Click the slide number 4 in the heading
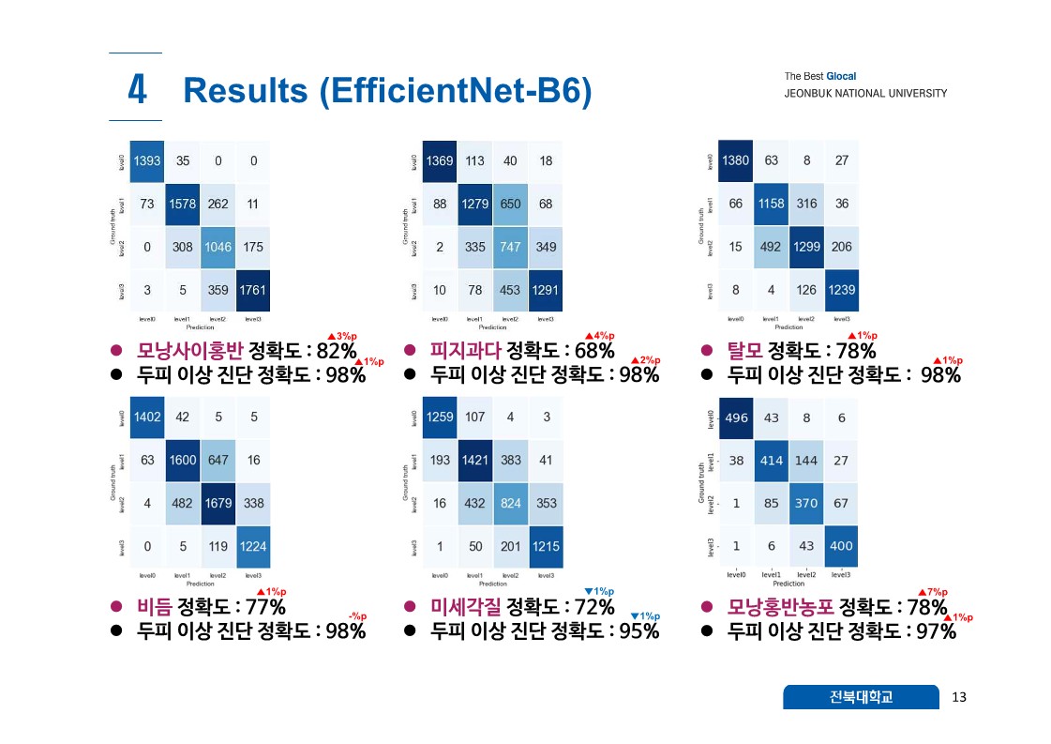point(137,90)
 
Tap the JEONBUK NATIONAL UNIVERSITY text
point(865,94)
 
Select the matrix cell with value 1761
point(252,290)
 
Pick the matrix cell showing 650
point(510,204)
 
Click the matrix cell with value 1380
point(735,160)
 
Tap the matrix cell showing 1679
point(218,503)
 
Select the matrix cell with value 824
point(510,503)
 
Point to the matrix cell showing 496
point(737,418)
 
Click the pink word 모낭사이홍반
point(190,352)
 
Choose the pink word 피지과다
point(466,352)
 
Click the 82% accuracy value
point(337,352)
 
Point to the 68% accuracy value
point(594,352)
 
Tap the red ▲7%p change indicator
point(933,592)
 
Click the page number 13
point(958,697)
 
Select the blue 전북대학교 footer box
point(861,697)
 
